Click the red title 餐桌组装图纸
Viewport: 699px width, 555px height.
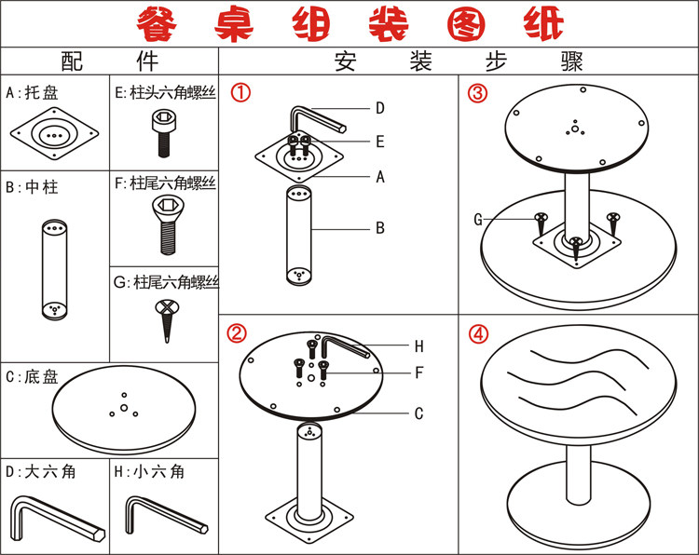coord(349,23)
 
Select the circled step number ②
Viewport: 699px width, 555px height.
coord(238,332)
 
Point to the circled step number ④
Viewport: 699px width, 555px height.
coord(478,332)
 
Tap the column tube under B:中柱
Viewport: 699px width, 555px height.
coord(55,269)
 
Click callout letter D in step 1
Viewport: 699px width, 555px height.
coord(380,108)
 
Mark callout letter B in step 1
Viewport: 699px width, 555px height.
coord(380,226)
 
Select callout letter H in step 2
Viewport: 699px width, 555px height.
coord(418,346)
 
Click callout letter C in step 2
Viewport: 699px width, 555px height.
coord(419,413)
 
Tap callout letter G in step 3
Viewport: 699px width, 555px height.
coord(478,220)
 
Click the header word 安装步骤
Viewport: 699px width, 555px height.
coord(459,62)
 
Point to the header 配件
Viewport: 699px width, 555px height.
coord(109,62)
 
